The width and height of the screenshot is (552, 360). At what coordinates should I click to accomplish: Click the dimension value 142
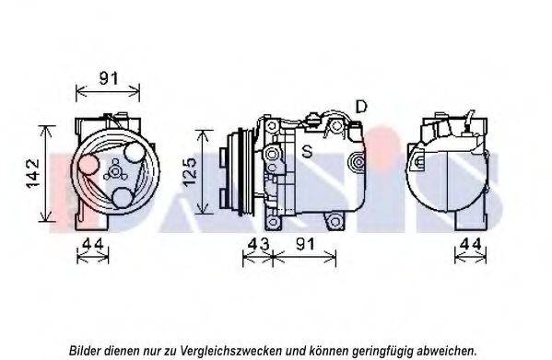33,174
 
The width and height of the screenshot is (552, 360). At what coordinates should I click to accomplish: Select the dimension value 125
190,171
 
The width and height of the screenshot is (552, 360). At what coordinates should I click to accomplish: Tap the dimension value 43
258,244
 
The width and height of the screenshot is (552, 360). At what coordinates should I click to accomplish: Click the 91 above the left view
109,78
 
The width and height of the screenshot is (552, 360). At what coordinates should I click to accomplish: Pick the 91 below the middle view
306,244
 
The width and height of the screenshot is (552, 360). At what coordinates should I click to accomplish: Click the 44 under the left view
93,244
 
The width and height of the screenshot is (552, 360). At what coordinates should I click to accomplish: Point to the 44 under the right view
470,244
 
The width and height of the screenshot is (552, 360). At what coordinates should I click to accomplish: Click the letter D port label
361,107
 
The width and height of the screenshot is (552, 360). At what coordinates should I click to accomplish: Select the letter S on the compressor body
307,152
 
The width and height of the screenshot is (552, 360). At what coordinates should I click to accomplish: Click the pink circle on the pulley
88,164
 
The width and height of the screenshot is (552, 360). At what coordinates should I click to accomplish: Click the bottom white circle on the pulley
123,198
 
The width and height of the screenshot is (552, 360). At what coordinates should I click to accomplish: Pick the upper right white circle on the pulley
135,152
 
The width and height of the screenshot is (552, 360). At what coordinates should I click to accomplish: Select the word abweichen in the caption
446,351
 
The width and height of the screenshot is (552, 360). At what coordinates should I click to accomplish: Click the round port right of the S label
358,162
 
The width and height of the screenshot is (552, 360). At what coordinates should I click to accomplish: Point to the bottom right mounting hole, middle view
335,222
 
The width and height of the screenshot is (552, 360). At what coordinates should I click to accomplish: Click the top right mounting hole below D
336,126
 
